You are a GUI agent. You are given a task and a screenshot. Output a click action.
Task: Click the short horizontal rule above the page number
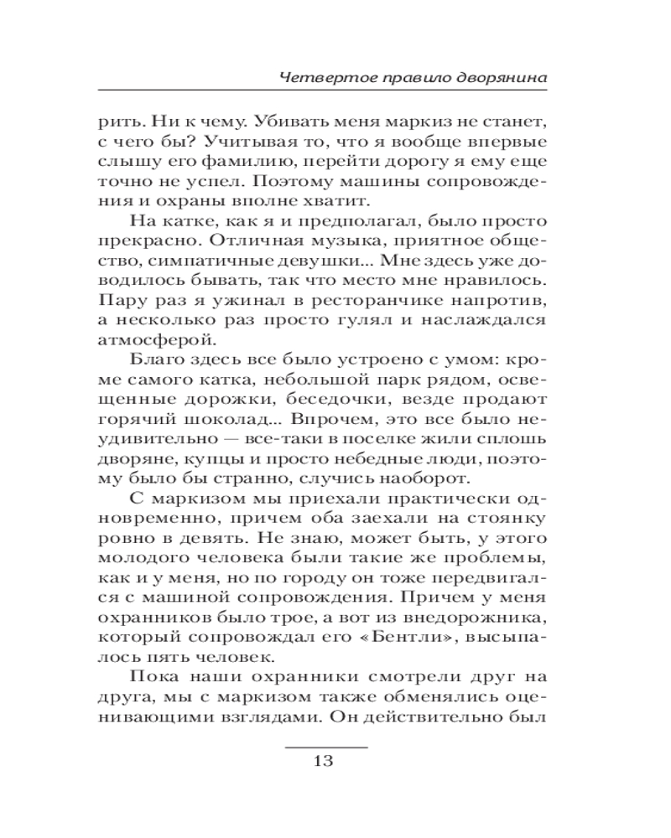tap(327, 745)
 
